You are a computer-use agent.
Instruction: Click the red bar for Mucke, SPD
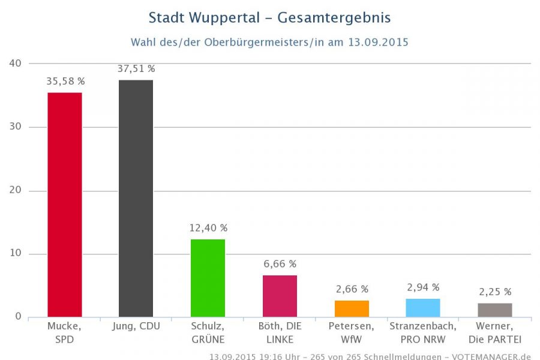pos(64,204)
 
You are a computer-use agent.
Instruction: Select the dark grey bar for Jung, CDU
pos(136,198)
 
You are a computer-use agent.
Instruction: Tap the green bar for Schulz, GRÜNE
pos(208,278)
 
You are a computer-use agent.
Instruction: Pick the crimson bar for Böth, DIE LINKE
pos(280,296)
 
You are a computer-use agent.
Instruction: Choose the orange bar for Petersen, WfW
pos(352,308)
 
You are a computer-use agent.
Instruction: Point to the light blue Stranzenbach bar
pos(423,308)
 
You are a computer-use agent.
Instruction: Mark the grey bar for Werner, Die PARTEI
pos(495,310)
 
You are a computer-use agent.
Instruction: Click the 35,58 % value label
pos(65,81)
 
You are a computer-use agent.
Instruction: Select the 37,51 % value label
pos(136,69)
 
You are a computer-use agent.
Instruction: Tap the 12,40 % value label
pos(208,228)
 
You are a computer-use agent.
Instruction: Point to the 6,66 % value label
pos(280,264)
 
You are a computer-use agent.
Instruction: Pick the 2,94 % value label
pos(423,287)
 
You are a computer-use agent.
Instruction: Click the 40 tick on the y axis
pos(16,63)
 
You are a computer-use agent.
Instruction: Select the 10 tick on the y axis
pos(16,254)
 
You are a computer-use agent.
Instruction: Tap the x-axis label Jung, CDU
pos(136,326)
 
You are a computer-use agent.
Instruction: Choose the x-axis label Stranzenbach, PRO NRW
pos(423,333)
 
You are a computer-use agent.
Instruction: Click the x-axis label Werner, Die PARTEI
pos(495,333)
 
